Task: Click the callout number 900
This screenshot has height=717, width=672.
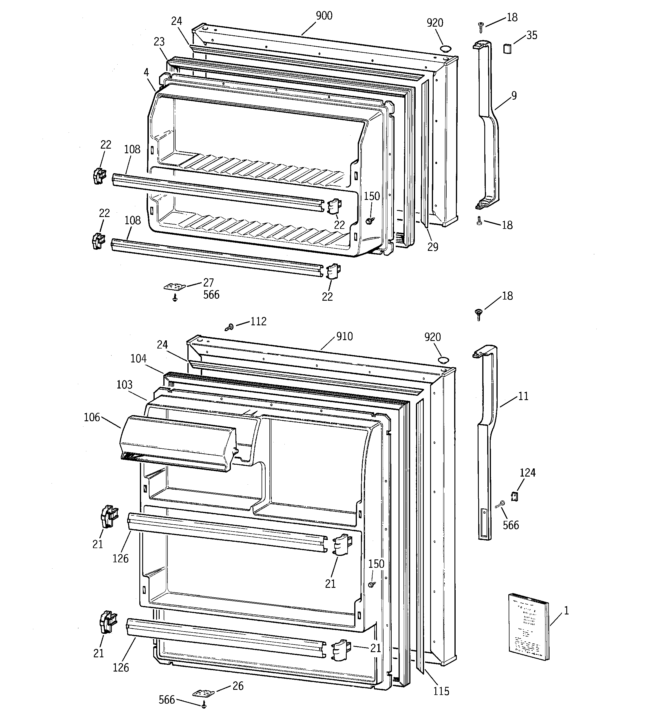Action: [324, 16]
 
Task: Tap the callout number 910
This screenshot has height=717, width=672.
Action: [344, 337]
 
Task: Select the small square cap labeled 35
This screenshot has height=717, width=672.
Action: [507, 48]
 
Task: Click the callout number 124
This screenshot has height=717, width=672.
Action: [527, 473]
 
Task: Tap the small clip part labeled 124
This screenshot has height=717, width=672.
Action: [515, 496]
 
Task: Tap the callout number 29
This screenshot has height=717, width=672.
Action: [432, 247]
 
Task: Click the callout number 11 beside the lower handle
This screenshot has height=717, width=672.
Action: [523, 396]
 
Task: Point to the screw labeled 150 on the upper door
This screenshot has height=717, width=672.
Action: [369, 221]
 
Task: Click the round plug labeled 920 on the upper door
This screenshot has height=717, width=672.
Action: [446, 48]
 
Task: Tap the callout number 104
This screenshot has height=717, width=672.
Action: [138, 359]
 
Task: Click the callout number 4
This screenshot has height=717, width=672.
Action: [146, 72]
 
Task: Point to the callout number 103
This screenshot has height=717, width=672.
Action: [125, 384]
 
